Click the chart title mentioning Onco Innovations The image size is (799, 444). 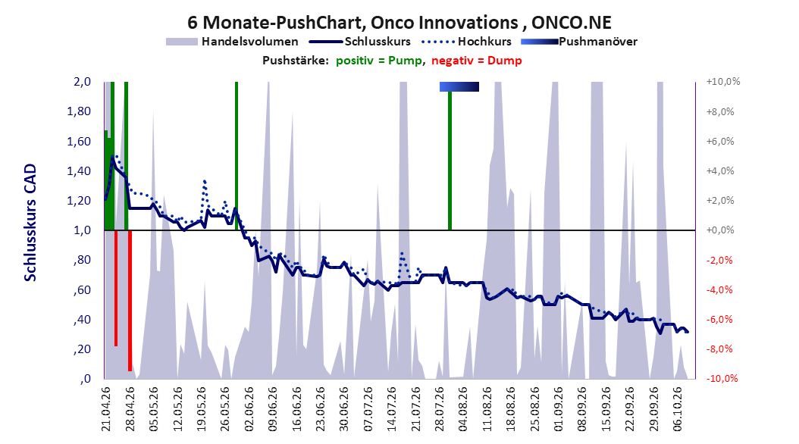coord(399,23)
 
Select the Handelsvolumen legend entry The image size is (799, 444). coord(233,42)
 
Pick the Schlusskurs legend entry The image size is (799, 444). coord(360,42)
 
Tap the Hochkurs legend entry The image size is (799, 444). coord(466,42)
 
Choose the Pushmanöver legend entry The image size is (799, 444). coord(579,42)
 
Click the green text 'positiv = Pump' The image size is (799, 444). coord(379,61)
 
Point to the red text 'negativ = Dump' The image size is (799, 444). coord(477,61)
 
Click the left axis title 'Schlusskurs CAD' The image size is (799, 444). coord(30,223)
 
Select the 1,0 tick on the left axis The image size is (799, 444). coord(82,230)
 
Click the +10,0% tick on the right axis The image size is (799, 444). coord(723,82)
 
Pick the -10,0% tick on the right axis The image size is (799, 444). coord(722,378)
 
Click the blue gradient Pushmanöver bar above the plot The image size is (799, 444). coord(459,87)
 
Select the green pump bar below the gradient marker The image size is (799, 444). coord(450,161)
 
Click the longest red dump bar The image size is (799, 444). coord(130,301)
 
